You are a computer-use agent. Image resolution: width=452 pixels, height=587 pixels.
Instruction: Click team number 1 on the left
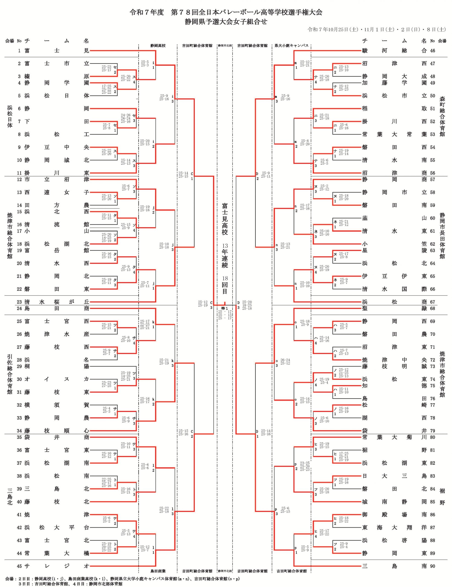[x=19, y=50]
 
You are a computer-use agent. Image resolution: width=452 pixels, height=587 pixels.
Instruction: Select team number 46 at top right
[x=432, y=50]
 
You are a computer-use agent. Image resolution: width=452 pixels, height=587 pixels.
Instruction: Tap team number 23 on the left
[x=19, y=302]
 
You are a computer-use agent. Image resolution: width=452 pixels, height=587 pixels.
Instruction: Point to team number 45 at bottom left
[x=19, y=566]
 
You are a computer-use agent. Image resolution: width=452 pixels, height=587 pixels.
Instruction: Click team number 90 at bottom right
[x=432, y=566]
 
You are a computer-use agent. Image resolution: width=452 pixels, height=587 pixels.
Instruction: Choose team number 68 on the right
[x=432, y=308]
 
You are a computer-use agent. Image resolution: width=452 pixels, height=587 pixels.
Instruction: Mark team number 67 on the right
[x=432, y=302]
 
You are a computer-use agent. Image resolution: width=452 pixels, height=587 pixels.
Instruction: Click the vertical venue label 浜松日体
[x=10, y=116]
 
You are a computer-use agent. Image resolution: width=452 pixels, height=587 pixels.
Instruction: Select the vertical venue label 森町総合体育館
[x=442, y=116]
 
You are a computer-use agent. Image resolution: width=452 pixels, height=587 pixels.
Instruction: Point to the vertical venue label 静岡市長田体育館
[x=442, y=235]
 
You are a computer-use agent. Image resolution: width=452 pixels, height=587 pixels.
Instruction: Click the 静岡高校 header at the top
[x=158, y=46]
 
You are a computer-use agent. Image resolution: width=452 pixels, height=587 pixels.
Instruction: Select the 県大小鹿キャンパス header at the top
[x=291, y=46]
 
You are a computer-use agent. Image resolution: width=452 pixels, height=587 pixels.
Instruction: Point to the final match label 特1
[x=225, y=308]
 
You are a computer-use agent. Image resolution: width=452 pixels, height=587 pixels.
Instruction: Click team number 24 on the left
[x=19, y=308]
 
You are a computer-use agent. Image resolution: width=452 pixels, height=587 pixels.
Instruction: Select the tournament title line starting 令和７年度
[x=226, y=12]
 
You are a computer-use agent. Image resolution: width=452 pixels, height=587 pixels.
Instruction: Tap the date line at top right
[x=377, y=30]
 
